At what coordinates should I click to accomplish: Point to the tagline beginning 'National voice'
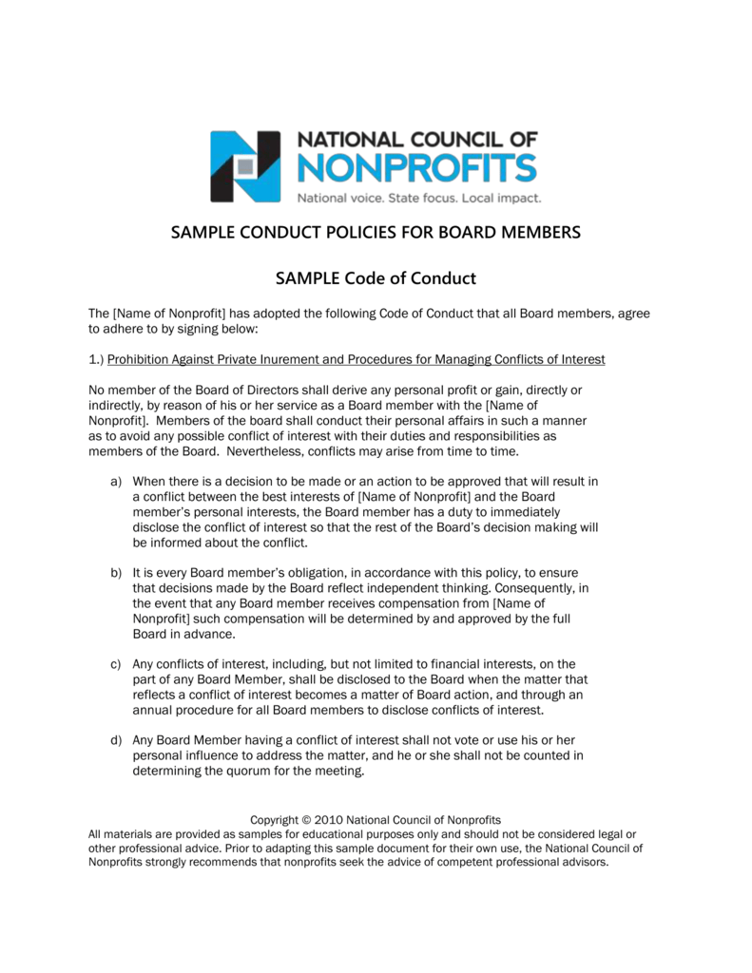(419, 199)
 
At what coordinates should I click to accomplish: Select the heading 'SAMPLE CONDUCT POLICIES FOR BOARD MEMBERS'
(376, 233)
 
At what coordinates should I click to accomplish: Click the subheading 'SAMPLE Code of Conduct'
(376, 278)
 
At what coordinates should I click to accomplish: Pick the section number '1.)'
(97, 359)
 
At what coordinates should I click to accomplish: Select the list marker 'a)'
(116, 482)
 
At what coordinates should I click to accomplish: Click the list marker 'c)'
(116, 663)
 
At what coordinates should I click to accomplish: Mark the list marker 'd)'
(116, 740)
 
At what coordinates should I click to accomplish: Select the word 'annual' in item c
(153, 709)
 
